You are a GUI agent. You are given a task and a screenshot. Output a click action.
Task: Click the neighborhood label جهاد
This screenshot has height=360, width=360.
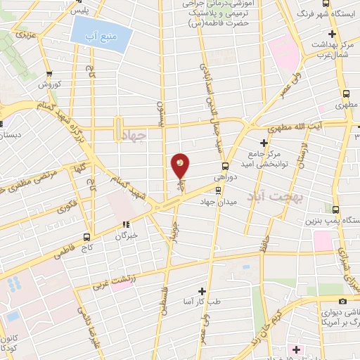click(x=134, y=137)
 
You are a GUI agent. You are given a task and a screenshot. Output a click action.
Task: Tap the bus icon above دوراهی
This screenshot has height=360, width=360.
click(x=224, y=167)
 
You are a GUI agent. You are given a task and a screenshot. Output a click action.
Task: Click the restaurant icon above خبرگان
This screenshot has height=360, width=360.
click(x=125, y=226)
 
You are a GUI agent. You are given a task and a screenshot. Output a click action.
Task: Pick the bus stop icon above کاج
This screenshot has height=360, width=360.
click(x=87, y=237)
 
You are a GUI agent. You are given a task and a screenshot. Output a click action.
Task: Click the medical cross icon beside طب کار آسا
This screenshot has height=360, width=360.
click(x=202, y=290)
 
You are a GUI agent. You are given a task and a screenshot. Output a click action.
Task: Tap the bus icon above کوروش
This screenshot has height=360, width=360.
click(x=49, y=74)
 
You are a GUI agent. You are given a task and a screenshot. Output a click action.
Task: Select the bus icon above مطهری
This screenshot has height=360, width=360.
click(x=346, y=93)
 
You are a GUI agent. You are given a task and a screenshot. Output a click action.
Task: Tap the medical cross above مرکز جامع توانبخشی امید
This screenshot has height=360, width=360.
click(x=264, y=143)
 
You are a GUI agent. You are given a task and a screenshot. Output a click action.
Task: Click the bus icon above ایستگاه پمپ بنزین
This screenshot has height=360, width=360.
click(x=335, y=210)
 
